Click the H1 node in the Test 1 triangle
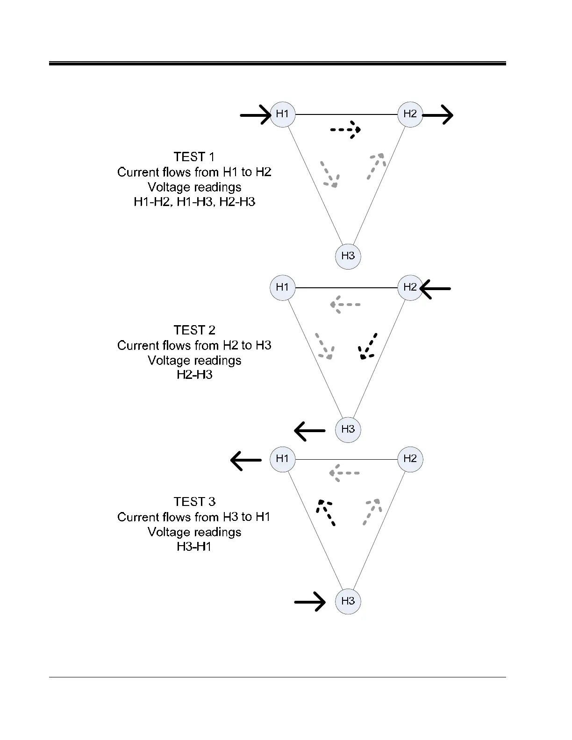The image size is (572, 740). coord(283,114)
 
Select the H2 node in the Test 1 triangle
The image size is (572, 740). coord(410,114)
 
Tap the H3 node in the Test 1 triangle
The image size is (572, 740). coord(348,256)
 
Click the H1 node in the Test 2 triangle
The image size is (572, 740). coord(283,287)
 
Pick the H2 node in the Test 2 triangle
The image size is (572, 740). coord(410,287)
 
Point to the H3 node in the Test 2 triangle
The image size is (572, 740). coord(348,429)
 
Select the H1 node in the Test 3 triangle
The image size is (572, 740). coord(283,459)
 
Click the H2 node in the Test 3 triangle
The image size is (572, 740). coord(410,459)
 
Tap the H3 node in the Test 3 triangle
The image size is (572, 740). coord(348,601)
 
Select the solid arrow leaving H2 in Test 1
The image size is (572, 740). coord(438,115)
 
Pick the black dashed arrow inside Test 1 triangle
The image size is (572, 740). coord(346,130)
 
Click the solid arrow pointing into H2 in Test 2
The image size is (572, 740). coord(436,289)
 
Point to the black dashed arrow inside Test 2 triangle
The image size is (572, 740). coord(367,347)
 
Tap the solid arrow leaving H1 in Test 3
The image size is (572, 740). coord(246,460)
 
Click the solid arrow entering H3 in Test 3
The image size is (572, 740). coord(310,602)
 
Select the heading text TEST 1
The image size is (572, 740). coord(194,157)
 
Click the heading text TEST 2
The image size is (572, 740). coord(194,330)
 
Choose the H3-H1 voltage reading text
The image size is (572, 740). coord(194,547)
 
